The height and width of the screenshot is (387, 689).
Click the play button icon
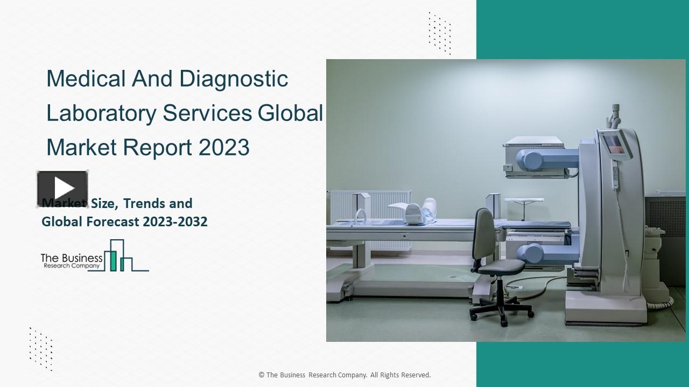[62, 189]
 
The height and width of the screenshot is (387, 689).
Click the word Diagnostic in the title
[234, 79]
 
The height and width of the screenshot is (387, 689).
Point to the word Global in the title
[290, 113]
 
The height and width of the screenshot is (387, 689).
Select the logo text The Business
[72, 258]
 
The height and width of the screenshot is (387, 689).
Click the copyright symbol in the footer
[261, 375]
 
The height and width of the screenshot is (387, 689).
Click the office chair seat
[498, 267]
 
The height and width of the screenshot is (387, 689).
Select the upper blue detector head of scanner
[539, 159]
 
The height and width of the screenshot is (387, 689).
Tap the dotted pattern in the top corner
[439, 32]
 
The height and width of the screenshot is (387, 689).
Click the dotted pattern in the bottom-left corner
[41, 348]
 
